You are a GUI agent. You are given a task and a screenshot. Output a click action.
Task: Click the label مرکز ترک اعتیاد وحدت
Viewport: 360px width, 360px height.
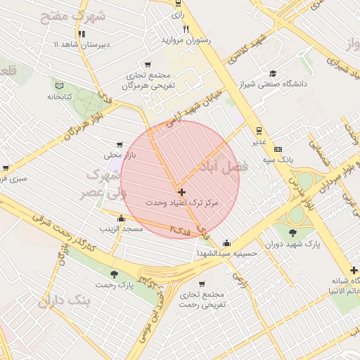tap(182, 202)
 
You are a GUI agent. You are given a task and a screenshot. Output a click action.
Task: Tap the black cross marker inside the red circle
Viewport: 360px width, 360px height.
tap(181, 191)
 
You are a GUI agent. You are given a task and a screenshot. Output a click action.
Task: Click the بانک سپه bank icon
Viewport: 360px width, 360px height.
tap(278, 150)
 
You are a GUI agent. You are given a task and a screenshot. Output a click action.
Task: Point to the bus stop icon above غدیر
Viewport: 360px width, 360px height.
tap(259, 130)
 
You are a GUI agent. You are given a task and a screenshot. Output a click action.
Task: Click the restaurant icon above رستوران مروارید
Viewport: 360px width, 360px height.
tap(186, 30)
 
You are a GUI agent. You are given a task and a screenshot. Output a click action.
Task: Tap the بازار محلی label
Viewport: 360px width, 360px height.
tap(113, 154)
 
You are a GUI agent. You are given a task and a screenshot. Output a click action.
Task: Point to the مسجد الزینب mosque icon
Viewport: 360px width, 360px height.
tap(122, 218)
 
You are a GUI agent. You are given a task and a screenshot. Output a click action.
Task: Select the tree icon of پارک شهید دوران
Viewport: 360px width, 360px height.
tap(292, 233)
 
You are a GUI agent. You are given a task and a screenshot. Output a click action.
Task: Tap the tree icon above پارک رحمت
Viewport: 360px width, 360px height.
tap(114, 274)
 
